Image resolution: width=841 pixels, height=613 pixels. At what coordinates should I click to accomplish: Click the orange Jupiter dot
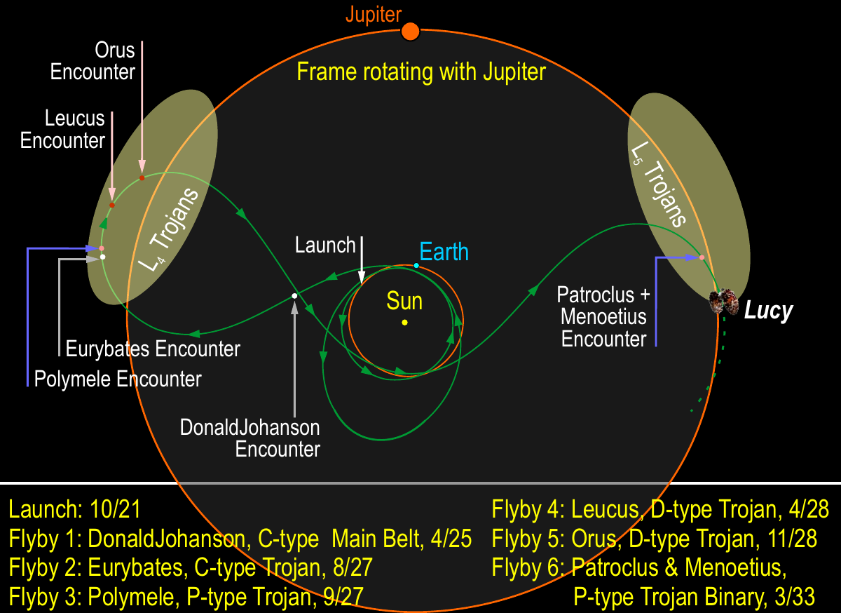click(x=411, y=32)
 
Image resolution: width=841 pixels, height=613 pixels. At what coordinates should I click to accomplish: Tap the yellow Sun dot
click(x=405, y=323)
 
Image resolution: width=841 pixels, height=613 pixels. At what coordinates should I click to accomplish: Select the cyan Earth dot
click(x=416, y=266)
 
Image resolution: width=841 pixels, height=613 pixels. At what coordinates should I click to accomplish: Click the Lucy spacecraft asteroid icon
click(x=723, y=302)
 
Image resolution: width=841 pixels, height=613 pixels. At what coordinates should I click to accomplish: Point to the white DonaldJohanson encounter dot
click(x=295, y=296)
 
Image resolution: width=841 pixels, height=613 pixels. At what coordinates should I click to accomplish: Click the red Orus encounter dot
click(x=142, y=177)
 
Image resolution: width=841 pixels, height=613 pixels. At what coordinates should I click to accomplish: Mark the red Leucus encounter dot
click(x=112, y=206)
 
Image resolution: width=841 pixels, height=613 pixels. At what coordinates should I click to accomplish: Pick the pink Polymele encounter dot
click(x=102, y=248)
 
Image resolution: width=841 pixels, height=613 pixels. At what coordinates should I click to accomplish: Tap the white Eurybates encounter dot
click(x=103, y=257)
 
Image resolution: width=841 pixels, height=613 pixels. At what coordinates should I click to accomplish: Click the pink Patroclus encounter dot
click(x=702, y=258)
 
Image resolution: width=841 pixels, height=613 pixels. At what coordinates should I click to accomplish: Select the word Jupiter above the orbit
click(x=374, y=14)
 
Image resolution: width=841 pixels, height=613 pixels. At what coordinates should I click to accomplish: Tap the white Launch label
click(x=325, y=245)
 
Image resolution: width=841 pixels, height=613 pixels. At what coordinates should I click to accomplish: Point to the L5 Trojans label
click(x=659, y=184)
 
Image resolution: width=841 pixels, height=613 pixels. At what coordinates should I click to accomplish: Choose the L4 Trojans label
click(x=169, y=229)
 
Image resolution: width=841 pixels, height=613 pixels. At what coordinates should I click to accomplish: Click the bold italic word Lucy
click(x=769, y=311)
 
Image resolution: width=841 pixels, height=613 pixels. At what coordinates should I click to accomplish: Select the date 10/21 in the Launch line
click(x=115, y=509)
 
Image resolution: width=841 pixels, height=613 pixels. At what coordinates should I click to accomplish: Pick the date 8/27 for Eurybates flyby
click(x=353, y=567)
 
